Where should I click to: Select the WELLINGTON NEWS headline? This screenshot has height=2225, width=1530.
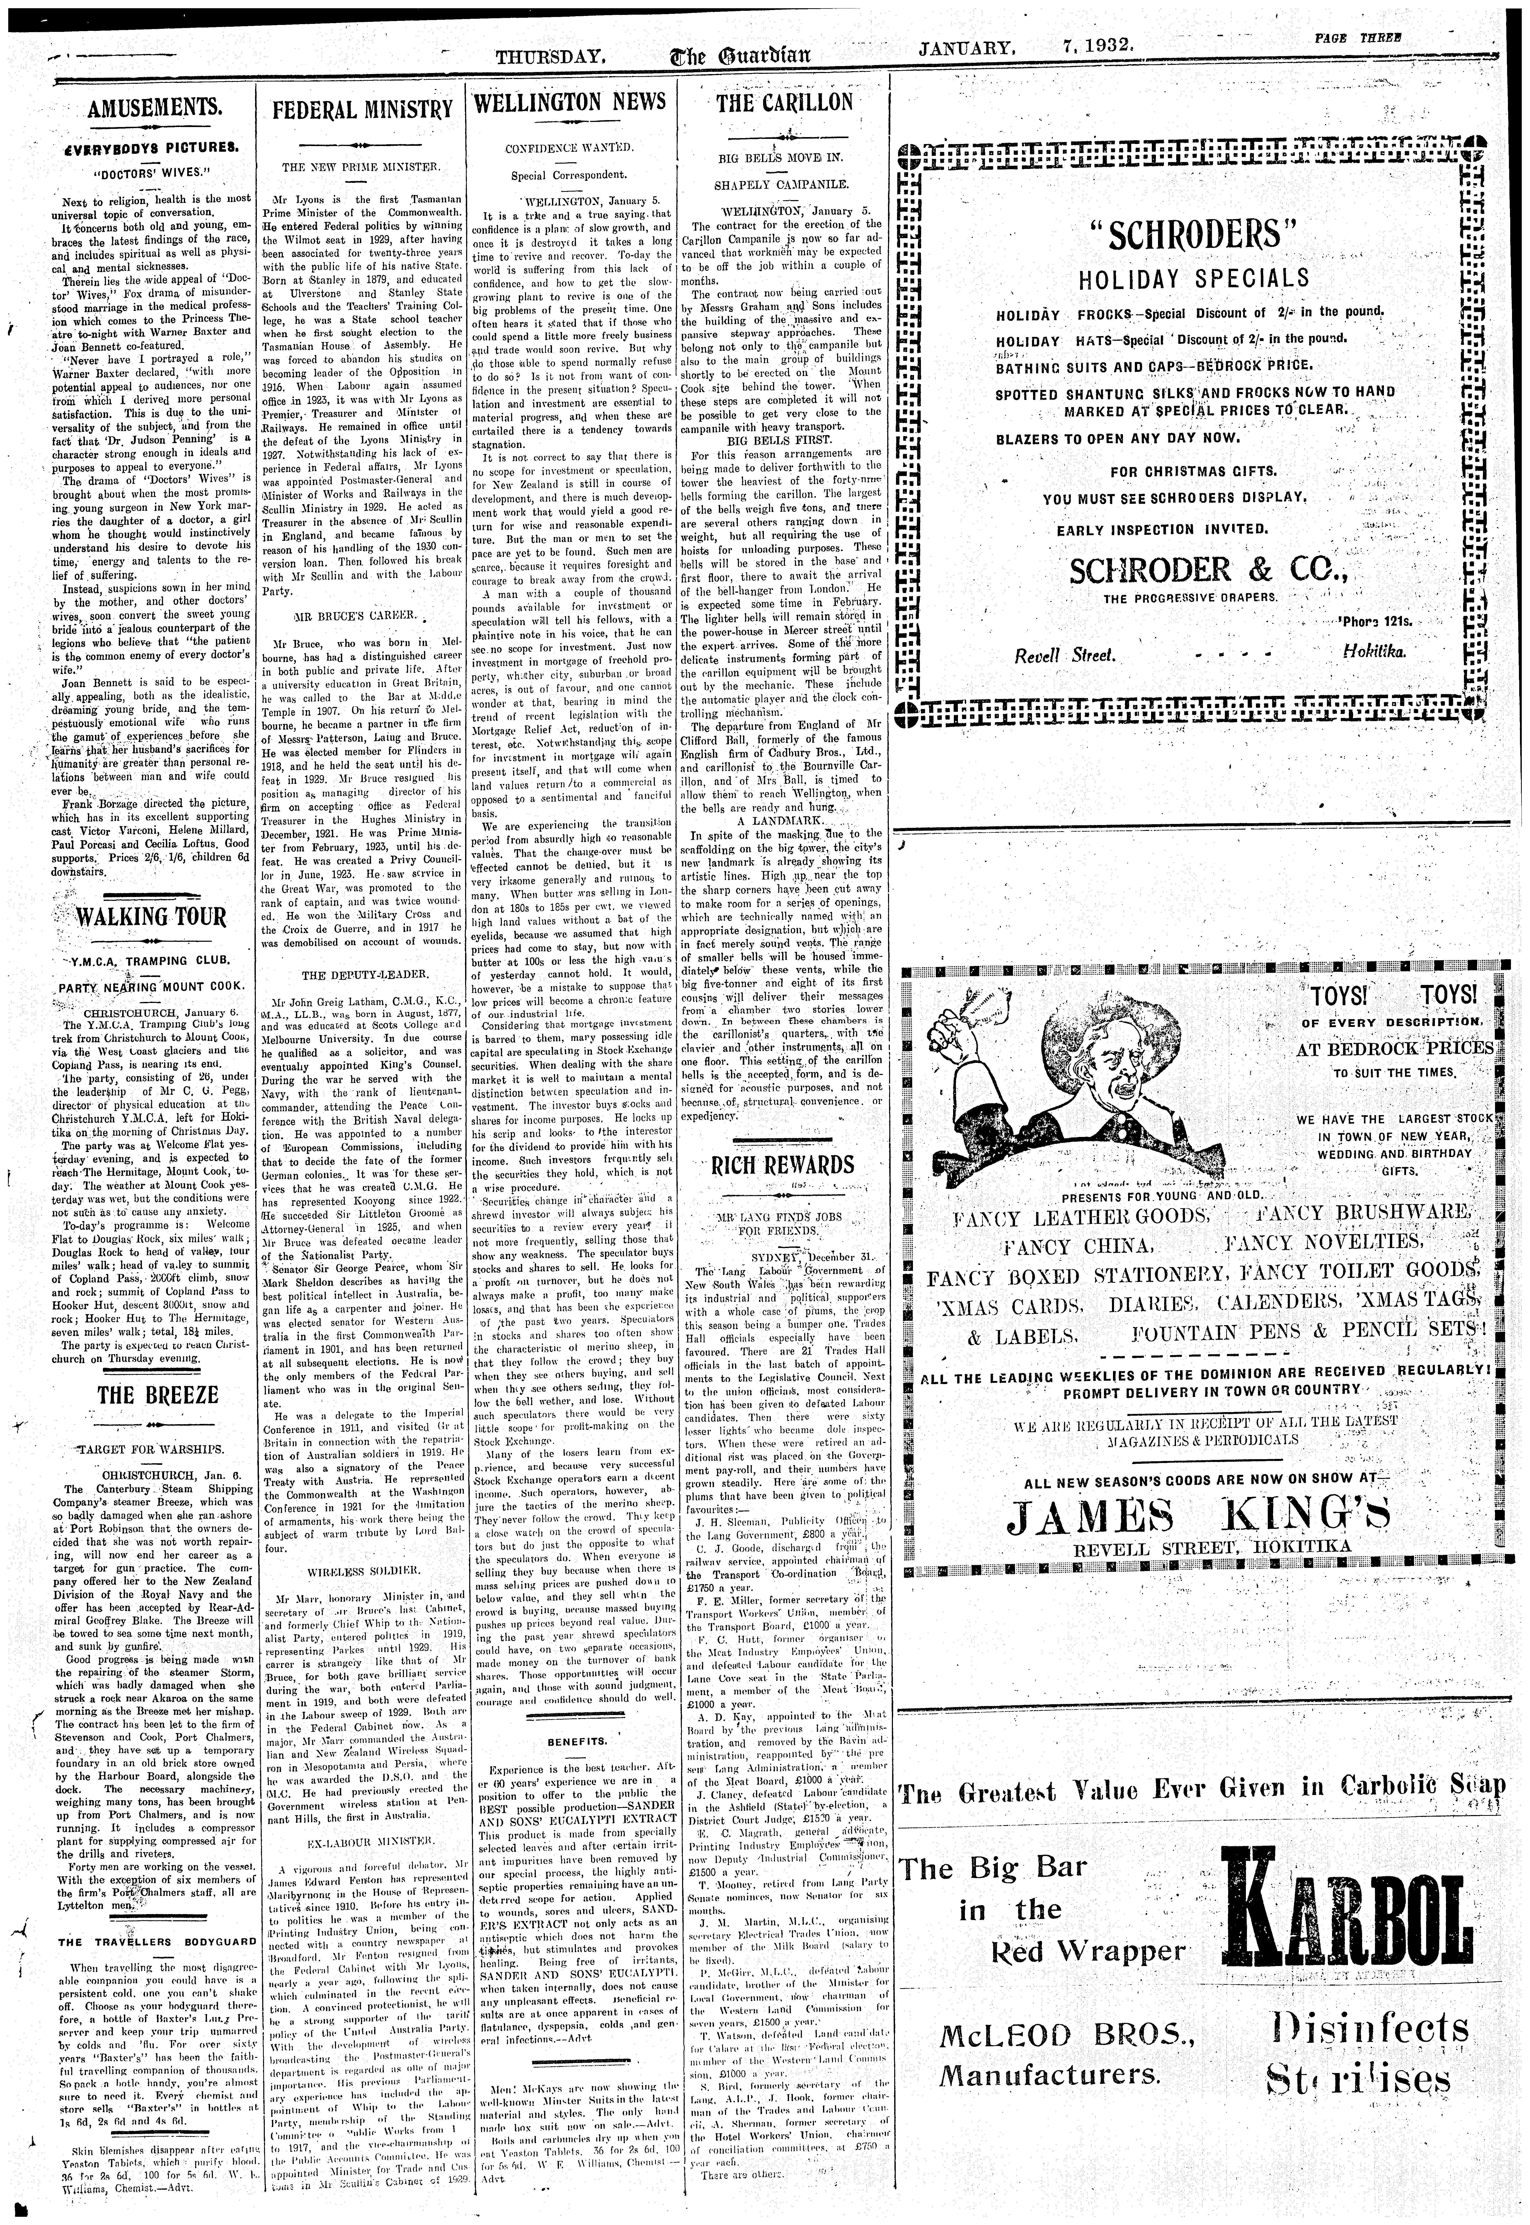coord(569,102)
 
